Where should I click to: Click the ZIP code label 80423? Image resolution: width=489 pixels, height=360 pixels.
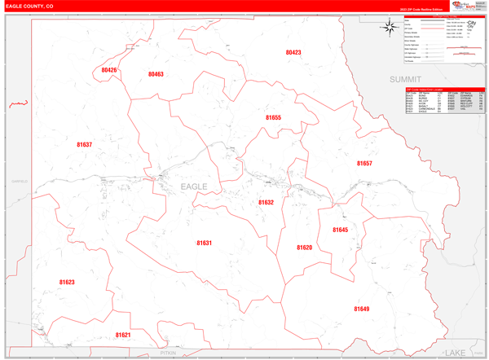(x=293, y=52)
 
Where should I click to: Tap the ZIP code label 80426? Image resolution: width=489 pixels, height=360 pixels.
(x=109, y=71)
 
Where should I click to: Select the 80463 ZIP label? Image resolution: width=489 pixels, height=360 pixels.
(x=156, y=74)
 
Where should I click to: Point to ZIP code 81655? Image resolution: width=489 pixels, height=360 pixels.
(x=273, y=118)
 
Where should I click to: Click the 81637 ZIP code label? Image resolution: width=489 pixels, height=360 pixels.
(x=84, y=145)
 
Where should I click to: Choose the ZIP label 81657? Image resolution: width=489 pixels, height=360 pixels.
(x=364, y=164)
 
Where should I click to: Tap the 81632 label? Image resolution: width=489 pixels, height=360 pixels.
(x=267, y=203)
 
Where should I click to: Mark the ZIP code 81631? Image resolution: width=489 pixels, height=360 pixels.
(x=204, y=243)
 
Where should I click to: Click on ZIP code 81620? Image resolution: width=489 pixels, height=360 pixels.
(x=304, y=248)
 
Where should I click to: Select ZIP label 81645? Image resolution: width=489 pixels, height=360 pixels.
(x=340, y=230)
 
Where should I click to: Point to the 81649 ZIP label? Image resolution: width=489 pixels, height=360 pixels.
(x=361, y=310)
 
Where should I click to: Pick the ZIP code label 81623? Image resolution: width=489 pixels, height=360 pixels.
(x=67, y=283)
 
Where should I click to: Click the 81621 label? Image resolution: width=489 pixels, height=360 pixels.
(x=122, y=335)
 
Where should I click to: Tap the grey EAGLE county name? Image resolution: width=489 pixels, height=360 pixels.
(x=194, y=187)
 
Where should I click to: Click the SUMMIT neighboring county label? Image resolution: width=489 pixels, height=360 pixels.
(x=405, y=79)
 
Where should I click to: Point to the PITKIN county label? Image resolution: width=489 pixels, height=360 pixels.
(x=168, y=353)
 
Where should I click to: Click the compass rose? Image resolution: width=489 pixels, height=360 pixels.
(x=389, y=27)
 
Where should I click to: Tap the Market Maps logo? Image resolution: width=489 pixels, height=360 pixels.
(x=463, y=6)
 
